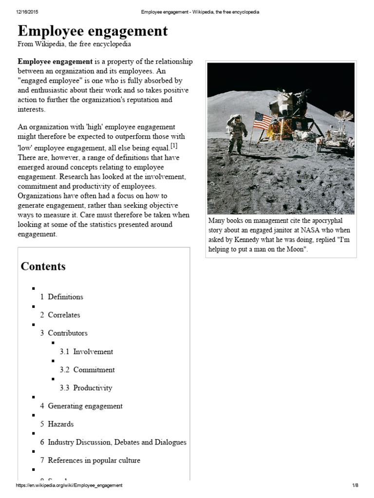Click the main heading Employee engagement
93,31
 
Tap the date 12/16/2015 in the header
27,12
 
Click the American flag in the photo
262,121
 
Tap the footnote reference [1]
173,146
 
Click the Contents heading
43,267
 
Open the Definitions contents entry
65,297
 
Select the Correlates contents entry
64,315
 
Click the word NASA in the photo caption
299,230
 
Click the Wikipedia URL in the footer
69,485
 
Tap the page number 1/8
355,485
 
